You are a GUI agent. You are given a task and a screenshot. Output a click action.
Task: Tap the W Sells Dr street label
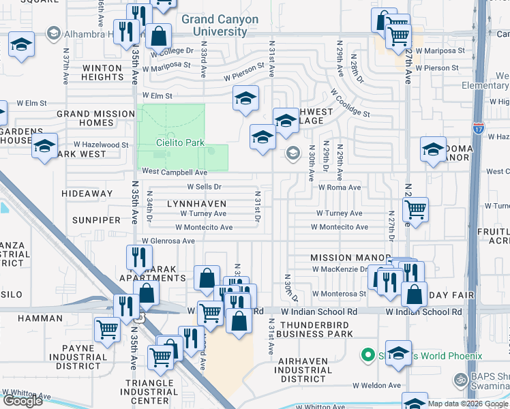coord(205,187)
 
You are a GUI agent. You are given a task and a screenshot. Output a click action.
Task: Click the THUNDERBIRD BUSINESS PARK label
coord(316,329)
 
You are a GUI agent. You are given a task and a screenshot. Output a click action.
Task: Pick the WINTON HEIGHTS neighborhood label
coord(102,73)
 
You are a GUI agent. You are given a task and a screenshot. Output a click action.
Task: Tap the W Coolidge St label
coord(350,103)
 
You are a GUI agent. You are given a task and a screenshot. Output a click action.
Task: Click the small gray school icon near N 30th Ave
coord(293,153)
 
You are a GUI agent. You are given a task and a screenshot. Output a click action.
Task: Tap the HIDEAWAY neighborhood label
coord(87,194)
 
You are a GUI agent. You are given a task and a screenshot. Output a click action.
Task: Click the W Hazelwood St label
coord(101,145)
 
